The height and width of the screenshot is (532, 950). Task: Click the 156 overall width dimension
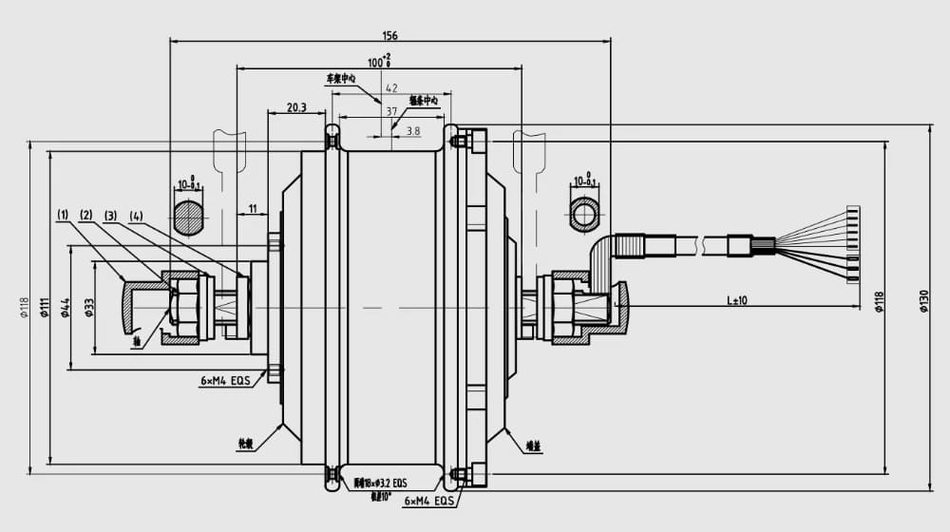coord(389,35)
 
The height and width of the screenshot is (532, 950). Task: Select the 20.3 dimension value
coord(295,108)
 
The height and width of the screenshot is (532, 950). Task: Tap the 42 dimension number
coord(391,87)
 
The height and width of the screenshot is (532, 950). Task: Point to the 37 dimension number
coord(391,111)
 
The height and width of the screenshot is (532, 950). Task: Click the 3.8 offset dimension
coord(413,131)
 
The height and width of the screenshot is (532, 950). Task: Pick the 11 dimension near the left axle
coord(253,207)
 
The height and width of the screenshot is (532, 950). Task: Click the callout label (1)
coord(64,216)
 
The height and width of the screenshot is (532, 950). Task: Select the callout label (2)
coord(86,216)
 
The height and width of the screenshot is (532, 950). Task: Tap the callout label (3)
coord(110,216)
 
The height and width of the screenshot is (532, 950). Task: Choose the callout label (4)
coord(136,216)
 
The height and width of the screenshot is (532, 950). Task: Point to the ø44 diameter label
coord(66,308)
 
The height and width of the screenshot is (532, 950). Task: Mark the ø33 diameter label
coord(89,308)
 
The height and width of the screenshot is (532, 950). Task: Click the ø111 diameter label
coord(45,308)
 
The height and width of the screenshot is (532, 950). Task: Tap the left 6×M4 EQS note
coord(225,380)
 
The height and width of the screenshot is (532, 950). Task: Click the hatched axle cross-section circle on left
coord(189,217)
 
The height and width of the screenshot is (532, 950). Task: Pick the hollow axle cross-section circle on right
coord(584,213)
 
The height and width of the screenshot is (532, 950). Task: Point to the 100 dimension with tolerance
coord(380,62)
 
